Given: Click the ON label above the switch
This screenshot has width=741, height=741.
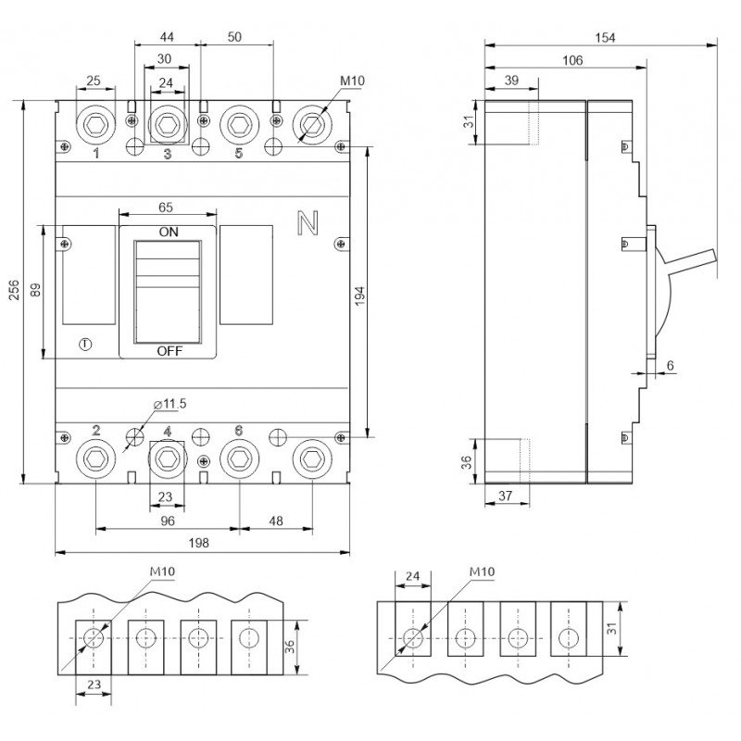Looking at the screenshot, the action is point(169,232).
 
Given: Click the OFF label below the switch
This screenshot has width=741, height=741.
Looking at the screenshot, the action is point(170,351).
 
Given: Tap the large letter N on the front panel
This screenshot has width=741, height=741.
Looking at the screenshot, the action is point(308,222).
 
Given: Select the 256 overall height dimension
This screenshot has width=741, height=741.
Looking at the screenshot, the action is point(14,290).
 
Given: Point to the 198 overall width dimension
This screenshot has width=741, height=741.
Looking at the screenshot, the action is point(198,543).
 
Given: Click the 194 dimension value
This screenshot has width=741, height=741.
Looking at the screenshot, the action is point(360,296).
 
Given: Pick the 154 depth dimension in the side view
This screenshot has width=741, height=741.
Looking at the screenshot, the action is point(605,38).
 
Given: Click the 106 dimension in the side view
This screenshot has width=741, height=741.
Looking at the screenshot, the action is point(572,60).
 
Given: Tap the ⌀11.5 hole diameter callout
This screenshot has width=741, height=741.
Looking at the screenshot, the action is point(170,404).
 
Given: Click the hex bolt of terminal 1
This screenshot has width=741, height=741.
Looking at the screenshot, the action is point(96,125).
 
